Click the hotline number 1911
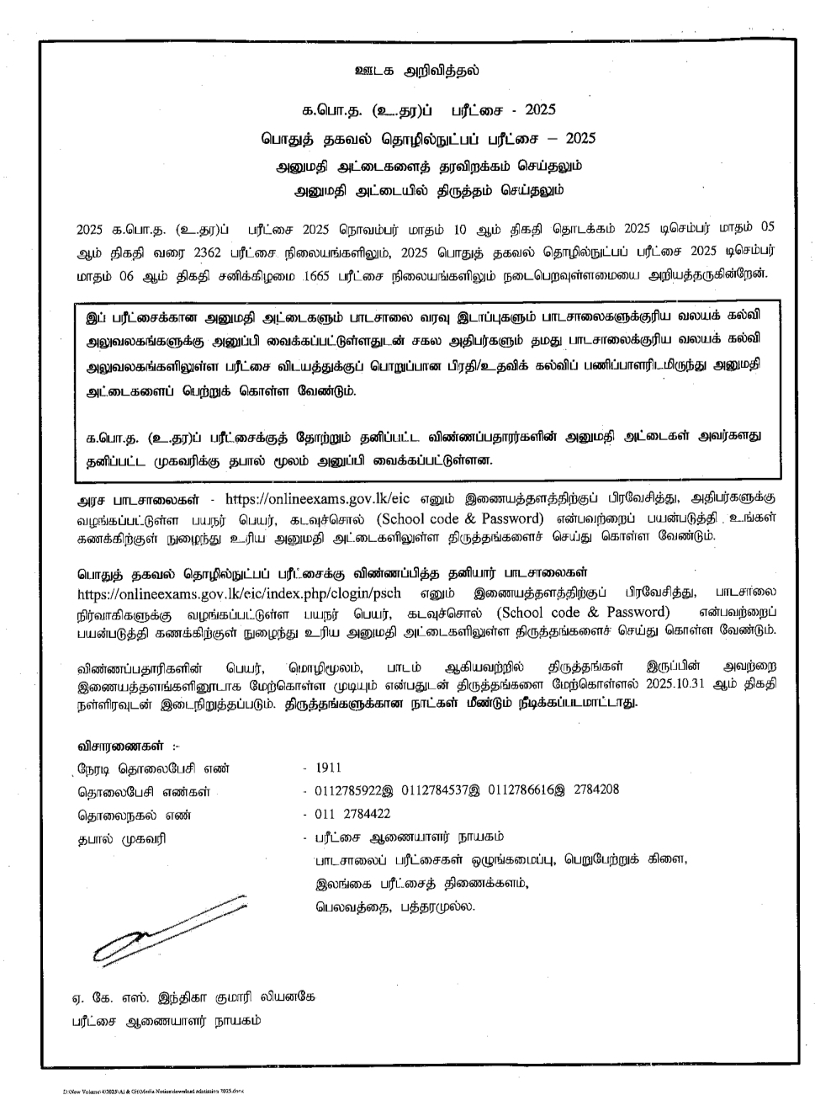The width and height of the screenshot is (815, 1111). [x=328, y=768]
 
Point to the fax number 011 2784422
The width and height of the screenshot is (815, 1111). [x=352, y=814]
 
